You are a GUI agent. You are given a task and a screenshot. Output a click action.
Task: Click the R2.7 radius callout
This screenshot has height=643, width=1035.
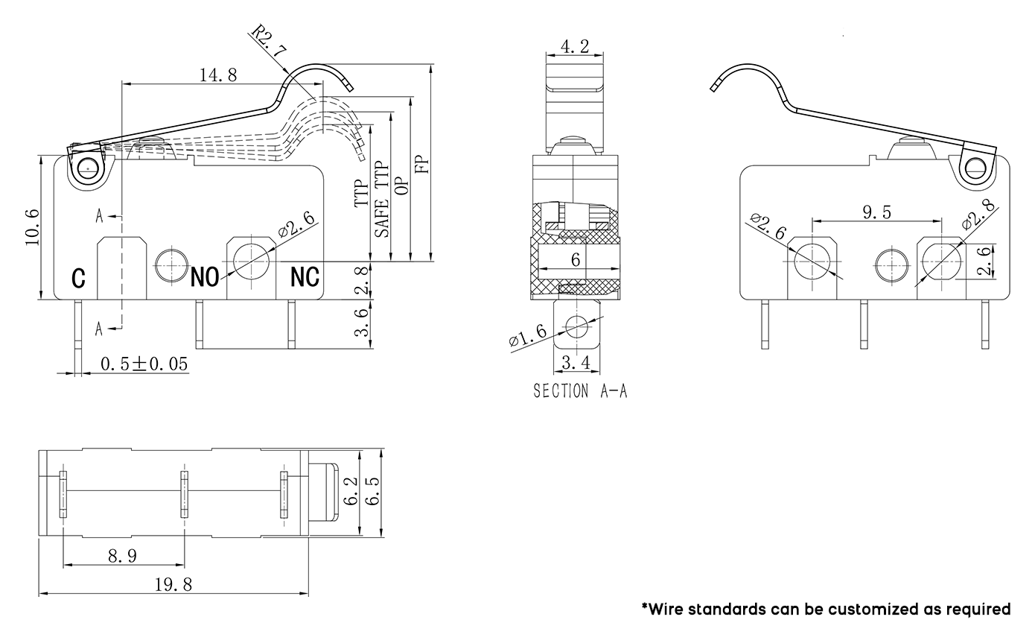click(x=269, y=41)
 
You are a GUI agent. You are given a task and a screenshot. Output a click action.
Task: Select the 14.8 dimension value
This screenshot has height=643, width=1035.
click(x=217, y=75)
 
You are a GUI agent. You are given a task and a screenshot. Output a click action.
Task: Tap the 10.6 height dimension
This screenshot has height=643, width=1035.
click(x=32, y=227)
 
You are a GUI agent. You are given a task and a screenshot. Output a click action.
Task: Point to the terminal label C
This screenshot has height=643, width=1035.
click(x=78, y=278)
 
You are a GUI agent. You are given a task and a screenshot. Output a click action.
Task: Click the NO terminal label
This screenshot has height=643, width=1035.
click(x=205, y=277)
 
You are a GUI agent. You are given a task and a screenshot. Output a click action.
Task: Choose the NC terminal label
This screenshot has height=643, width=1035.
click(x=305, y=277)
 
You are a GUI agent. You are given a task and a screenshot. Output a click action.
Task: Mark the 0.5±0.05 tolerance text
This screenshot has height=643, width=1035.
click(x=144, y=364)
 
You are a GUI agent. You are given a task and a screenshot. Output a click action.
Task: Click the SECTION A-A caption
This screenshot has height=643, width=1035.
click(x=580, y=391)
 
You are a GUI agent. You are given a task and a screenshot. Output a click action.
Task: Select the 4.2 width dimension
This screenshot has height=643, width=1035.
click(x=575, y=46)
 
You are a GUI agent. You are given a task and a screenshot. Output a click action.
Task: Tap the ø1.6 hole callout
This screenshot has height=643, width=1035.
click(x=528, y=335)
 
